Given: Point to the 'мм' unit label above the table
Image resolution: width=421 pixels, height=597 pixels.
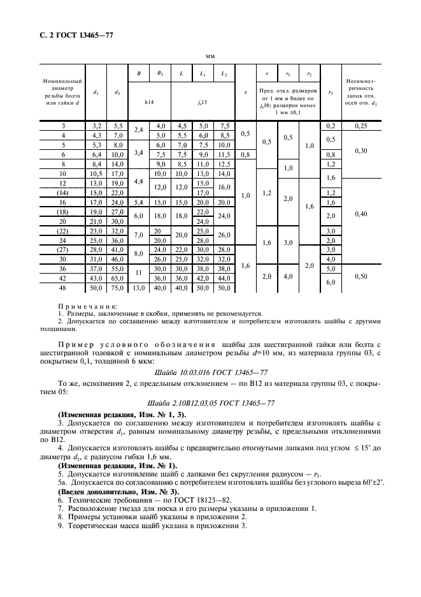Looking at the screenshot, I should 210,56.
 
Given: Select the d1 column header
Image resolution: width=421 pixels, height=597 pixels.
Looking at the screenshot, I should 96,92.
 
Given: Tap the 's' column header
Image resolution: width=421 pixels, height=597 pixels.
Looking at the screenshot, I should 245,92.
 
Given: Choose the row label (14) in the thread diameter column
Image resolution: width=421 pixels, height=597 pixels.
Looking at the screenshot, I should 62,193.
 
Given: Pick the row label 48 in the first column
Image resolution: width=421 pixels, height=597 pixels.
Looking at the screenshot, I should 62,288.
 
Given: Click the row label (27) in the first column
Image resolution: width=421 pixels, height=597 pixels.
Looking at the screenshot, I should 62,250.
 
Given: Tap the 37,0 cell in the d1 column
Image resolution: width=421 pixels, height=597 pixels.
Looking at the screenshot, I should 96,269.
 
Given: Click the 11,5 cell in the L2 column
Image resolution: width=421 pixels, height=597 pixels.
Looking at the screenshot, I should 224,154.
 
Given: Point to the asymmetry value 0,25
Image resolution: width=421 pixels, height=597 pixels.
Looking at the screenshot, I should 360,126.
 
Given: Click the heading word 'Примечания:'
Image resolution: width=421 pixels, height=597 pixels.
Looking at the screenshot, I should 83,306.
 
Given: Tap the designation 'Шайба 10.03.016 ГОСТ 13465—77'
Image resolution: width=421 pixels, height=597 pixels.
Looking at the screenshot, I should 210,371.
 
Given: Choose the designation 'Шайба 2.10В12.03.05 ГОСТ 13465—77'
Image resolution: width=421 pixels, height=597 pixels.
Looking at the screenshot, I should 210,404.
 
